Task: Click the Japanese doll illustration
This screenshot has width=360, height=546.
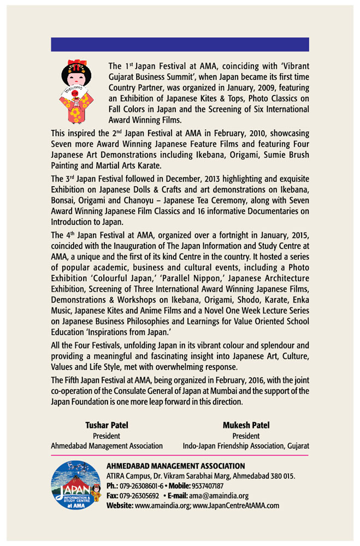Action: point(76,91)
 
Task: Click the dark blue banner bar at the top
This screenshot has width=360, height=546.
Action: point(180,44)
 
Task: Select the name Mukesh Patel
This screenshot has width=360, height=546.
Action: point(246,425)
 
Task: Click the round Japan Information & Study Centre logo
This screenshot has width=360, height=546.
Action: point(76,486)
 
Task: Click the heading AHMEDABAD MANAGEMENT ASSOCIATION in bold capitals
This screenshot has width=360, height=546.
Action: point(175,466)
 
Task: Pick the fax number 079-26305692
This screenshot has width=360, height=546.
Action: point(139,496)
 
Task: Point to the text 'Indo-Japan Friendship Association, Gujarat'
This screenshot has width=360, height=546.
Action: point(246,446)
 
